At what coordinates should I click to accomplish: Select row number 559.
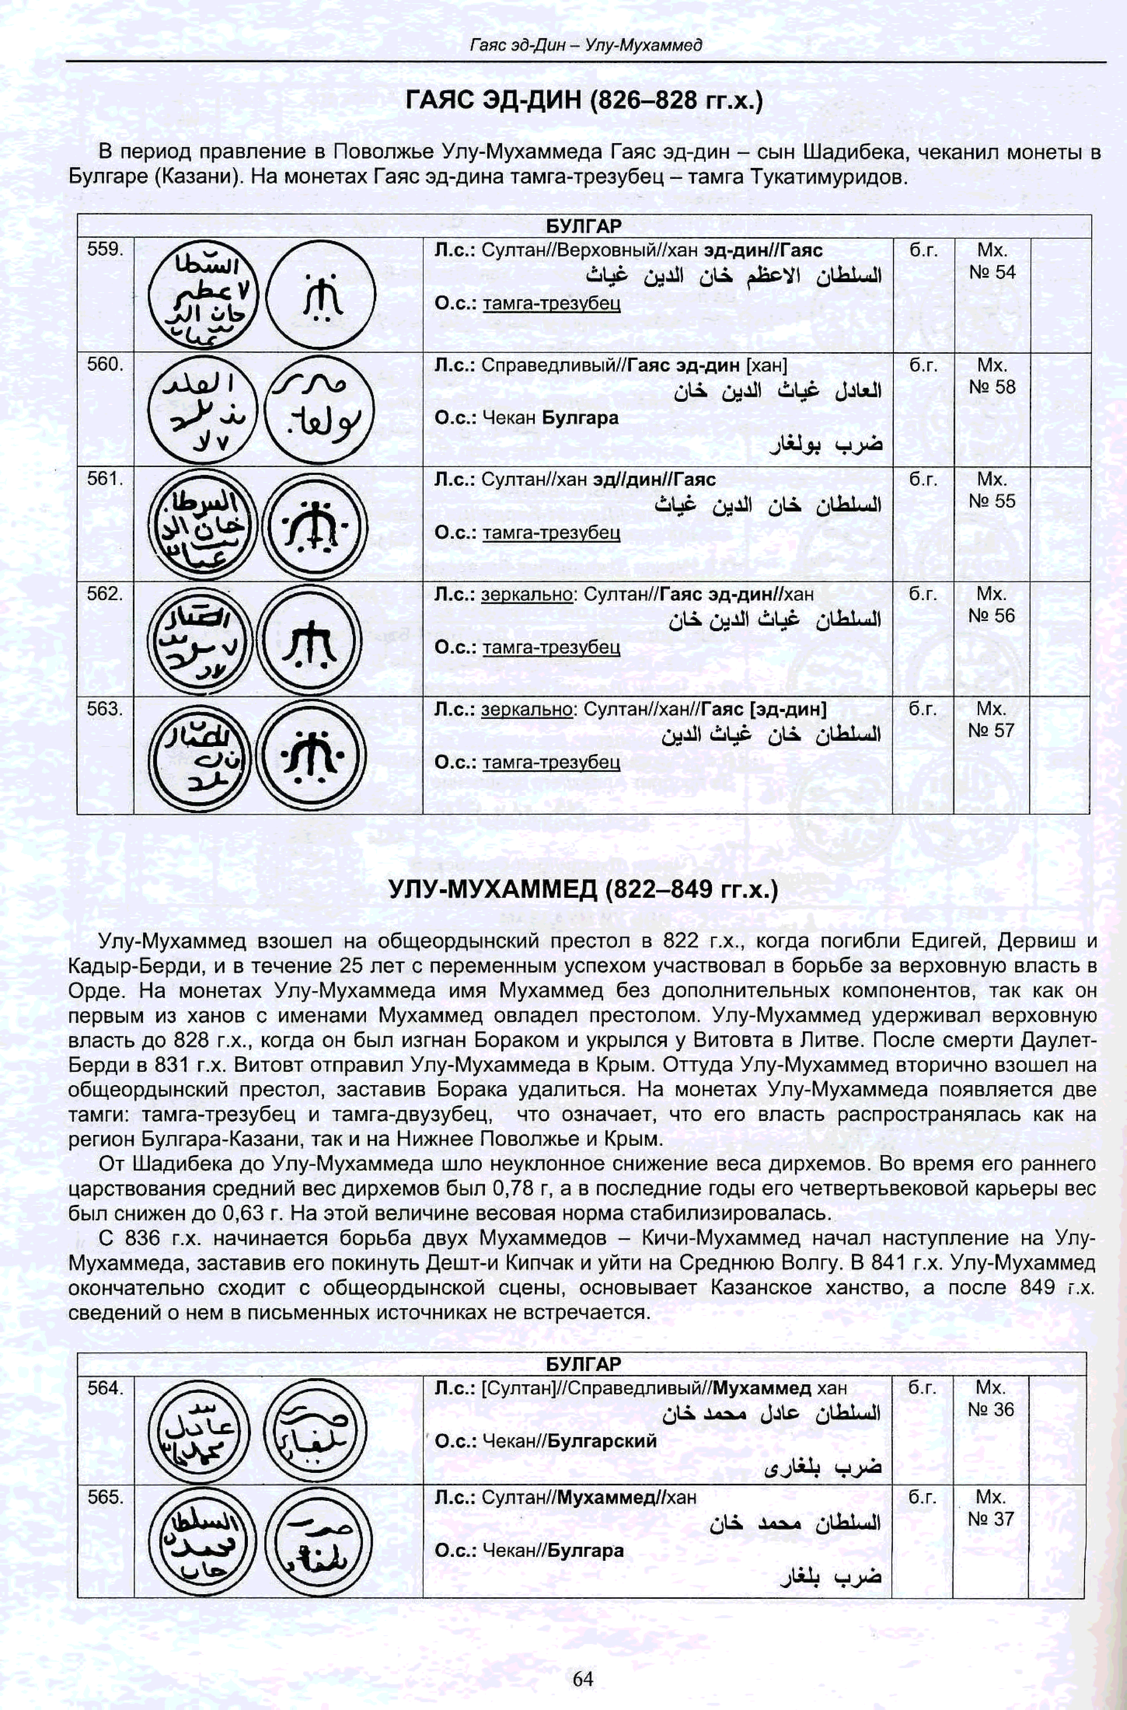pos(105,250)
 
